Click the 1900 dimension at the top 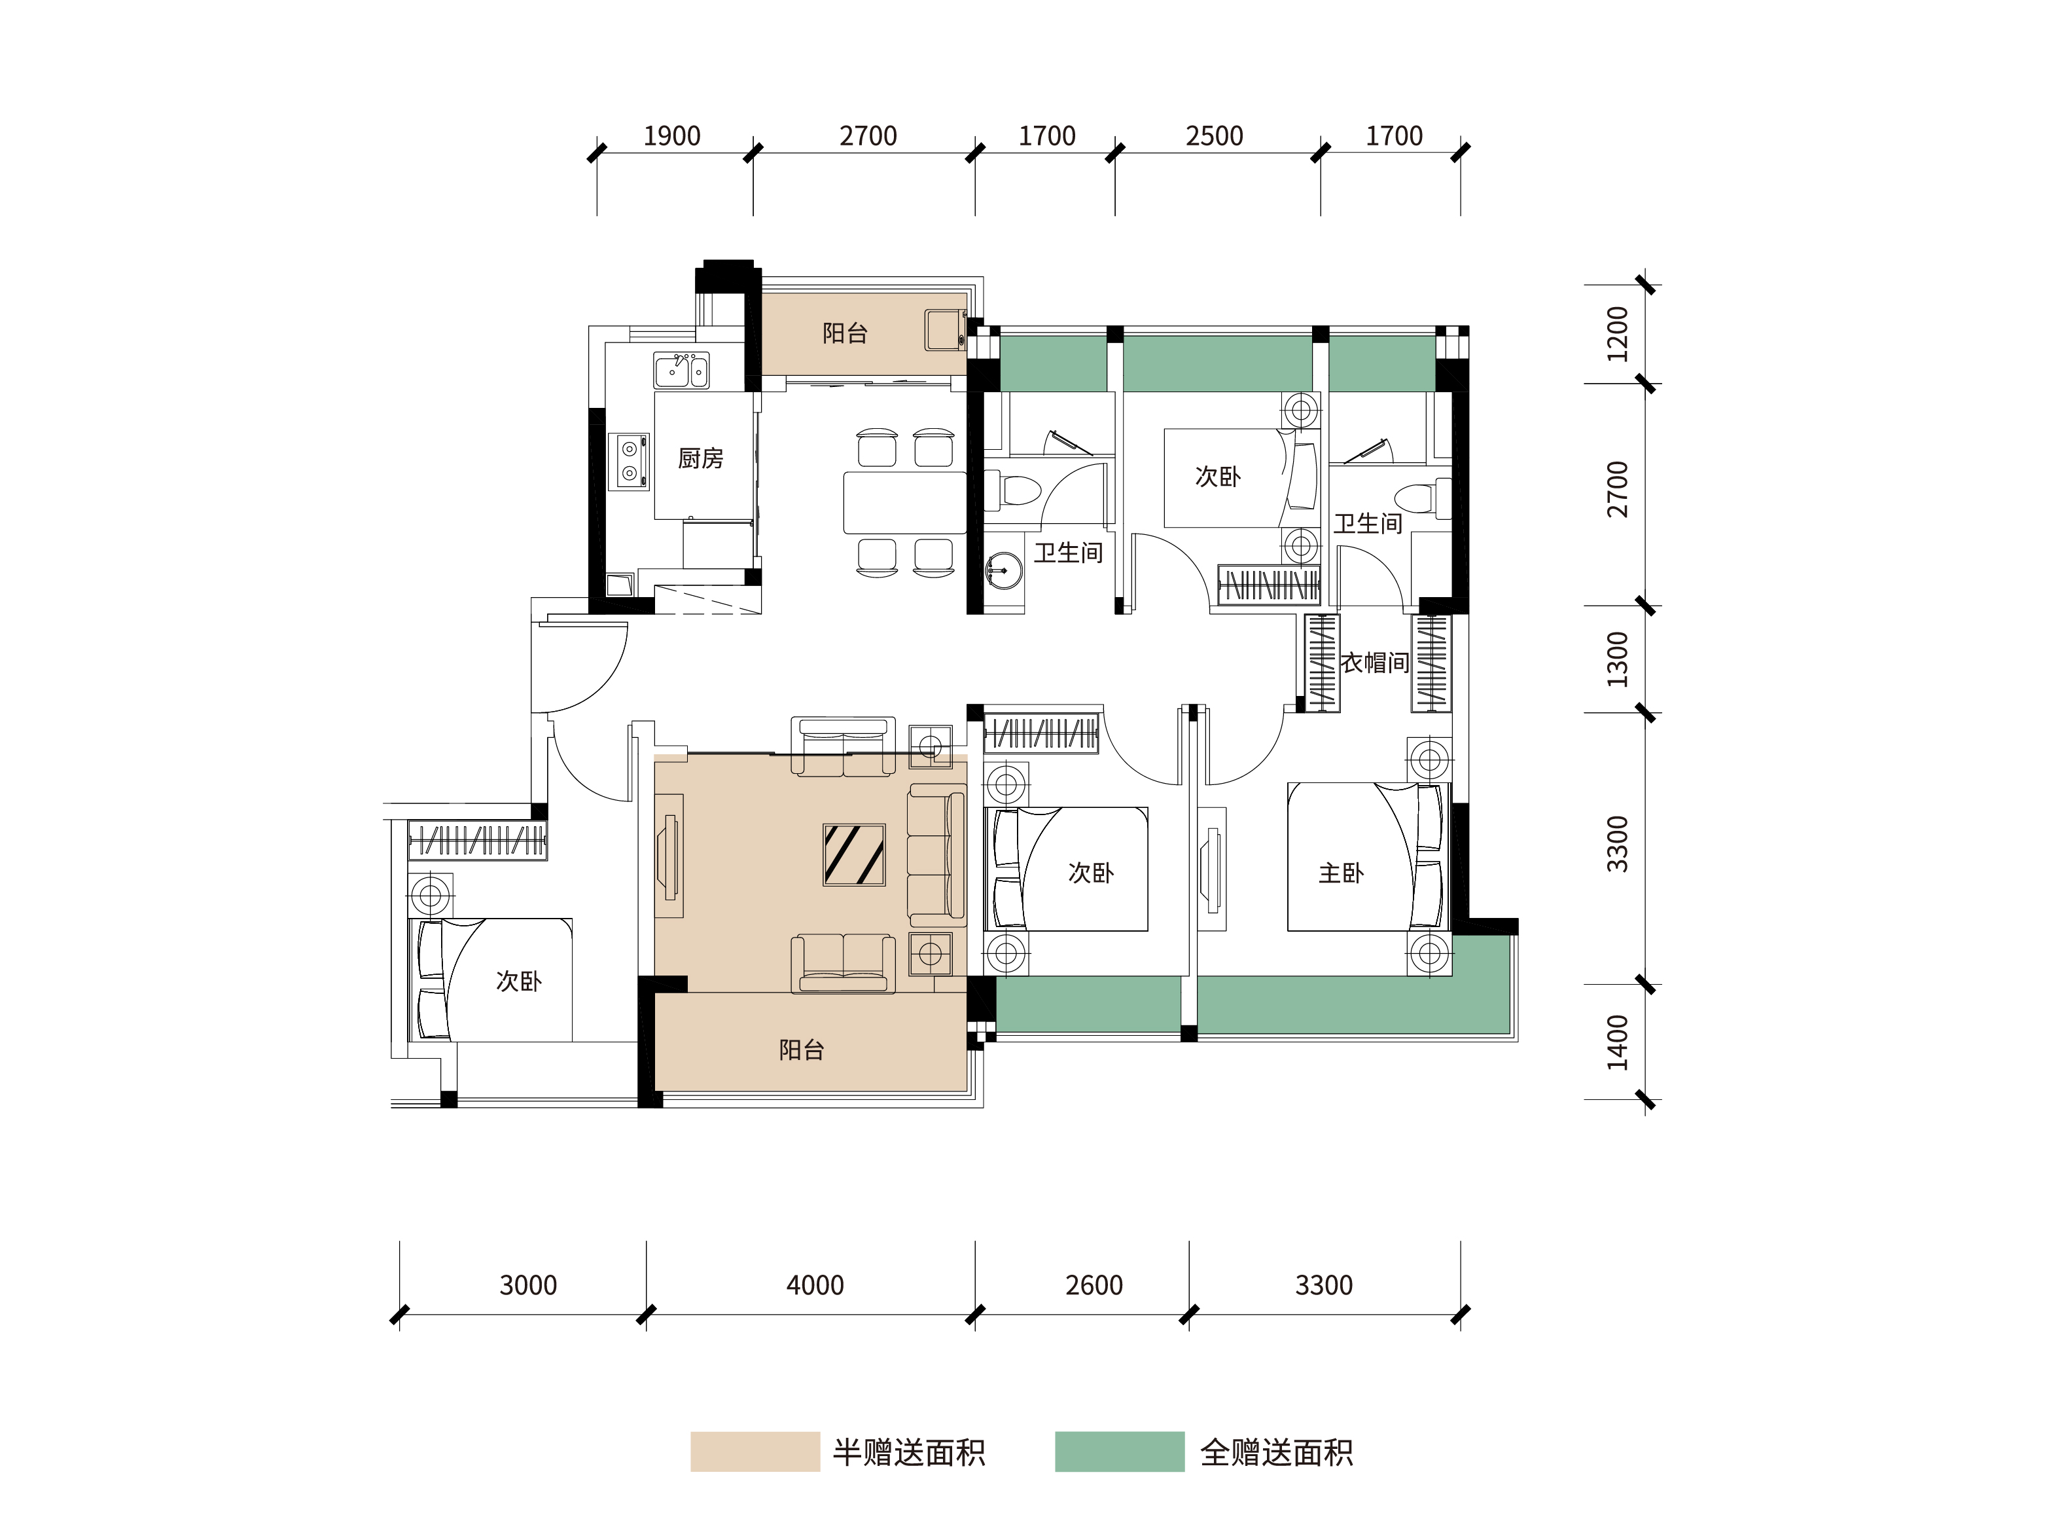click(x=672, y=136)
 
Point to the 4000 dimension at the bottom click(x=815, y=1285)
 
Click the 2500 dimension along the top click(x=1214, y=136)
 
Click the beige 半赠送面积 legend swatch click(x=755, y=1452)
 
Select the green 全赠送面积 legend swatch click(x=1120, y=1452)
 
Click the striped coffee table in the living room click(x=854, y=854)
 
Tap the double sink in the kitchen click(x=681, y=370)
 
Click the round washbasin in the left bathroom click(x=1003, y=570)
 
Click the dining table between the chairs click(x=905, y=502)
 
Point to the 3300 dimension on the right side click(x=1617, y=845)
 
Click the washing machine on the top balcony click(x=946, y=330)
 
